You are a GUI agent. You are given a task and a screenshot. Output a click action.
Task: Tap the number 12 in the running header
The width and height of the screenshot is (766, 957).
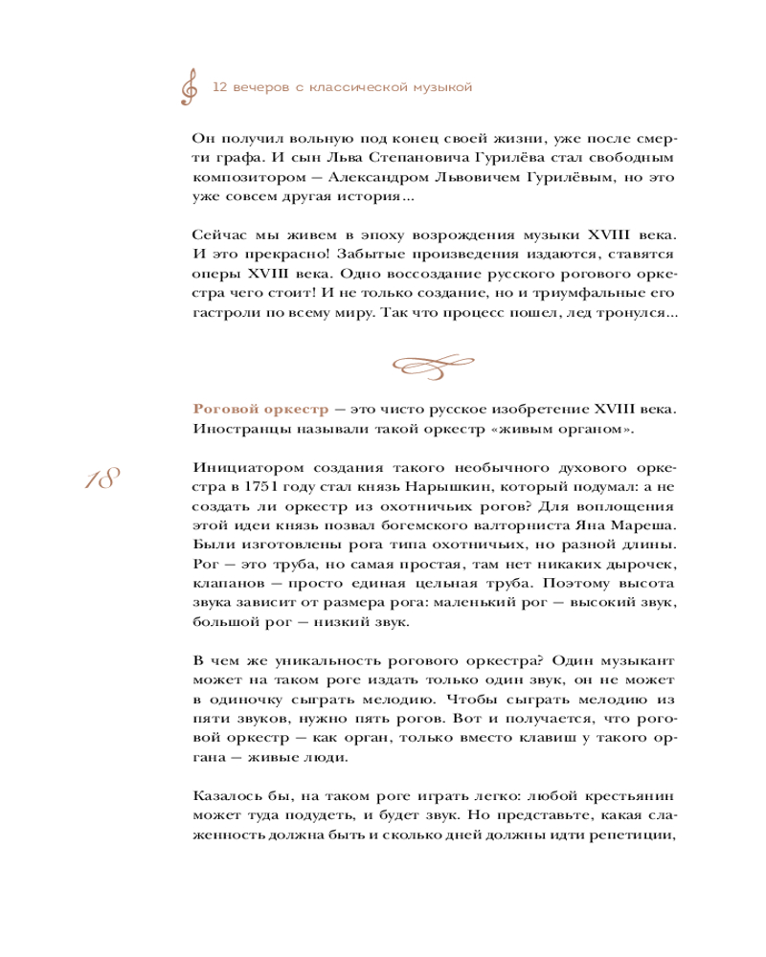pos(218,87)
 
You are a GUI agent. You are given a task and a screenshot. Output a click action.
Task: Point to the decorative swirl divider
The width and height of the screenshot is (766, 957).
pos(435,364)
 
